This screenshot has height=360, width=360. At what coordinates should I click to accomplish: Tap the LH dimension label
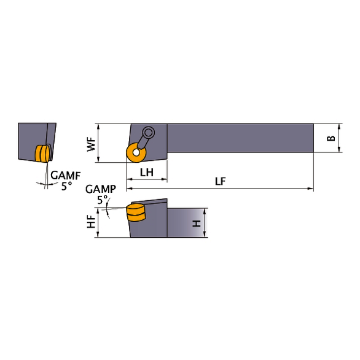tap(147, 173)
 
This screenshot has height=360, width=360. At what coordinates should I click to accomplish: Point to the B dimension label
tap(331, 139)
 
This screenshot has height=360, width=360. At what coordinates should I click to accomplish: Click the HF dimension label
tap(91, 222)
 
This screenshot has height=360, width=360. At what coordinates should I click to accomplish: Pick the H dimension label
tap(197, 222)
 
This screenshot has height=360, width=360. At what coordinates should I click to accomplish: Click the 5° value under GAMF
tap(66, 185)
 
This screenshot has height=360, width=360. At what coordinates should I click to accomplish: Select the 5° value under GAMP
tap(102, 199)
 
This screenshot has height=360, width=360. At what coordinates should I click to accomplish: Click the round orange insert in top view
tap(133, 154)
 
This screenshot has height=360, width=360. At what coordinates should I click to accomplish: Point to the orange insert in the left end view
tap(42, 154)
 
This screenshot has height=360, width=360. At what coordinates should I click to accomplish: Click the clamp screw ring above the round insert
tap(147, 132)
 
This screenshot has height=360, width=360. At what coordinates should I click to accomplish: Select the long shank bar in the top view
tap(240, 138)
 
